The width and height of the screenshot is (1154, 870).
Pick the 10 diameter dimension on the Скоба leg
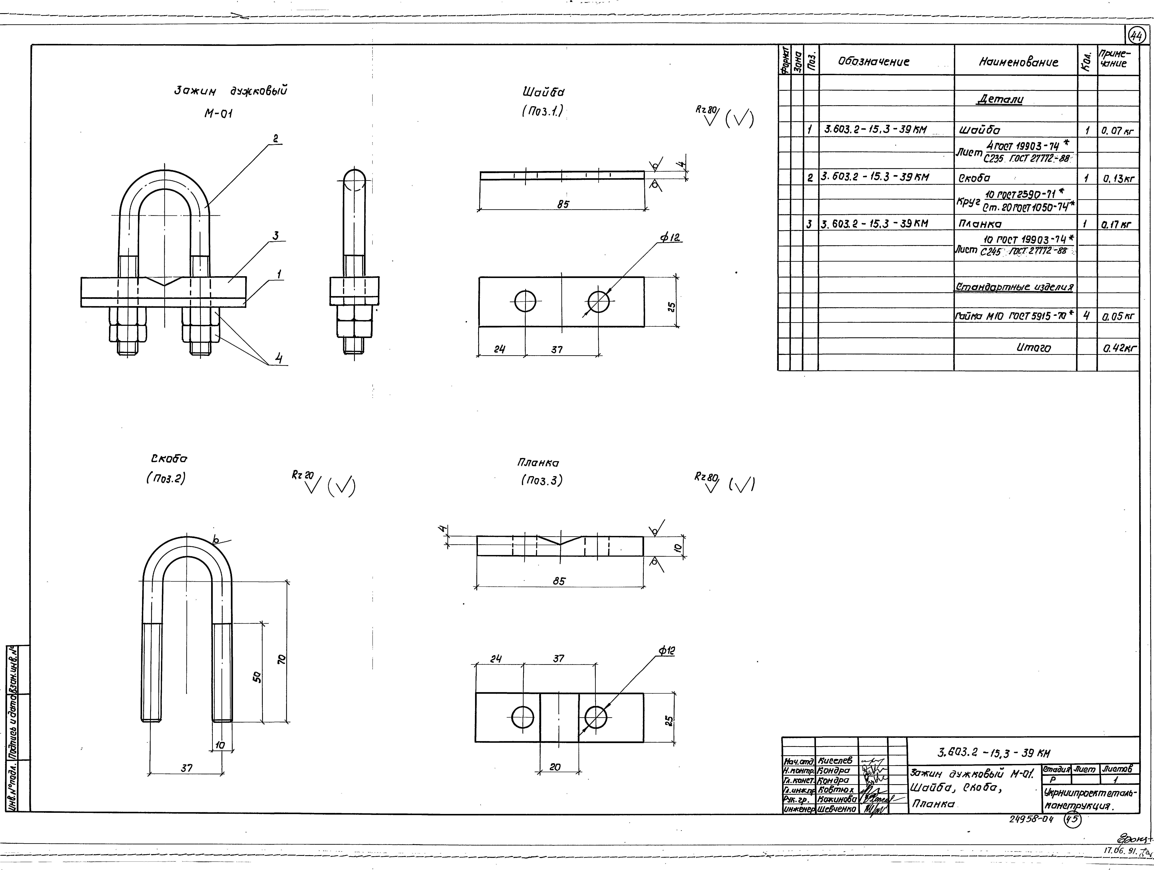[x=220, y=745]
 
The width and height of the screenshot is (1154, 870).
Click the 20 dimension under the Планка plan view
[x=555, y=767]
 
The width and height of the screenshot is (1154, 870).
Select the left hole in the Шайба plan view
[x=525, y=302]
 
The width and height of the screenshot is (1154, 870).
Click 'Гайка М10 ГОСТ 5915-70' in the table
[x=1014, y=315]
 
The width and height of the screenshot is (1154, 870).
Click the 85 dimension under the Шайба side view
[x=562, y=205]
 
